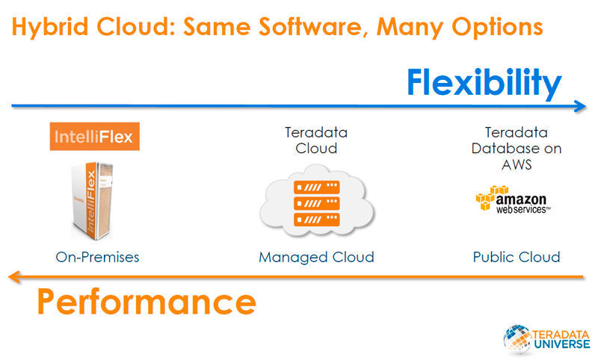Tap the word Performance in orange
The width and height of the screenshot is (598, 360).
(x=146, y=302)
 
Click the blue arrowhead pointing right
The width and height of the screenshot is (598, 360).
(x=580, y=106)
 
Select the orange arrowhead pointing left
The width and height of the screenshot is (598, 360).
(x=13, y=278)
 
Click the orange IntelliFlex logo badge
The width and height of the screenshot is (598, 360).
(x=95, y=137)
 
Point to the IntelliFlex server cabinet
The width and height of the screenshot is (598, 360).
(x=93, y=202)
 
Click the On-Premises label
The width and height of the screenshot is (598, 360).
(x=97, y=257)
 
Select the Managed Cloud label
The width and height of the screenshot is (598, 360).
(x=316, y=257)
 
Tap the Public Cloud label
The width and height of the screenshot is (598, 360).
(x=516, y=257)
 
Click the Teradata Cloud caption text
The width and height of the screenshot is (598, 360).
(x=316, y=140)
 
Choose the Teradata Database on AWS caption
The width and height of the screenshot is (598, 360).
(x=516, y=148)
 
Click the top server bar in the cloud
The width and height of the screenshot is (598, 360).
(x=316, y=187)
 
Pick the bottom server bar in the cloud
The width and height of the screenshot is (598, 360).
(x=316, y=220)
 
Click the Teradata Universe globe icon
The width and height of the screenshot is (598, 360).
(x=517, y=337)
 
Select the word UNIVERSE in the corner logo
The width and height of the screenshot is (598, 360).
(x=561, y=344)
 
